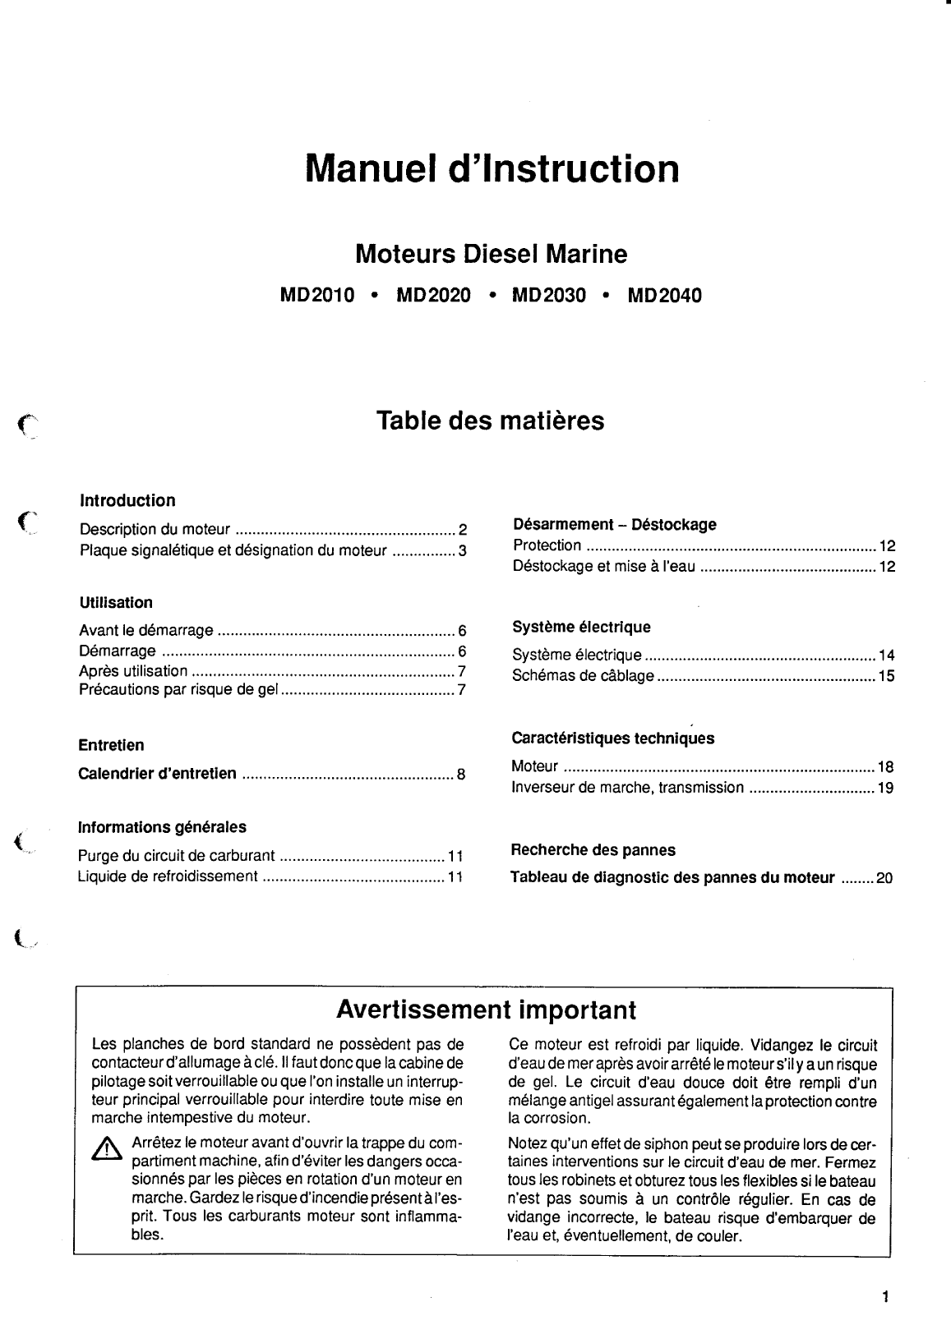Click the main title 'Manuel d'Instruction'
(x=492, y=169)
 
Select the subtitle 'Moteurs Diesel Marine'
(x=491, y=255)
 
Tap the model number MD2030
(x=548, y=296)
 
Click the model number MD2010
(x=317, y=296)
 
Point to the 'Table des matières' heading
(x=490, y=421)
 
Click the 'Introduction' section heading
(x=127, y=501)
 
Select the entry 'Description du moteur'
(x=155, y=530)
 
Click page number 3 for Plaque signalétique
(x=463, y=551)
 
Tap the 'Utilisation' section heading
(x=116, y=603)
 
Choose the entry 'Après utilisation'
(x=133, y=671)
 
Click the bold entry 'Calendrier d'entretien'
(x=157, y=774)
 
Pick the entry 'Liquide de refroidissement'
(x=168, y=876)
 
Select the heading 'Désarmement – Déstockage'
(x=614, y=524)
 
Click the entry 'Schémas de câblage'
(x=583, y=676)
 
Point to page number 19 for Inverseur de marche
(x=885, y=789)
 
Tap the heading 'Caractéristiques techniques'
(x=612, y=738)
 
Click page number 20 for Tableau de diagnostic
(x=884, y=878)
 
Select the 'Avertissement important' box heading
(x=487, y=1010)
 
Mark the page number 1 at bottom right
(x=885, y=1299)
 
